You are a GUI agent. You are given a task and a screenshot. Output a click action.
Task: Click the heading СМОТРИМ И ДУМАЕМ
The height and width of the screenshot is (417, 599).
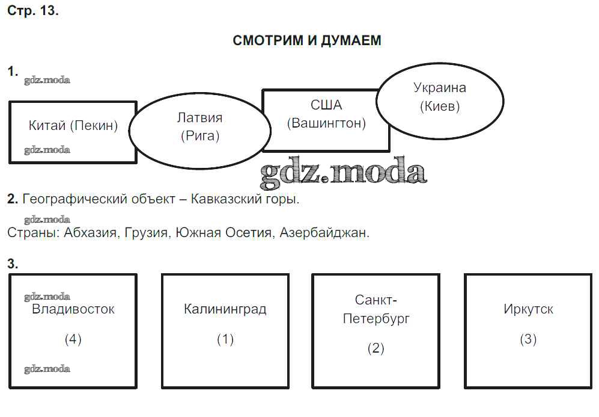click(x=306, y=41)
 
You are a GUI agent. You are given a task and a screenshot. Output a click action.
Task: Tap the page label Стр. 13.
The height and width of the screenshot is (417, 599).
click(x=33, y=11)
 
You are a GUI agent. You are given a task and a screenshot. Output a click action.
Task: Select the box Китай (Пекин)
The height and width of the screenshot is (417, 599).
click(x=73, y=126)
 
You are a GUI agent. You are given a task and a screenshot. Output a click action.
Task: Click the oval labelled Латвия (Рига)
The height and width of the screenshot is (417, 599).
click(x=200, y=127)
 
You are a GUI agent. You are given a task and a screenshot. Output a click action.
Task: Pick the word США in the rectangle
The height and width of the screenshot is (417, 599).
click(x=326, y=106)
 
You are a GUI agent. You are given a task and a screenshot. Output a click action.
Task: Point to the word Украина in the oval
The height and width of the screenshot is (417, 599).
click(x=440, y=88)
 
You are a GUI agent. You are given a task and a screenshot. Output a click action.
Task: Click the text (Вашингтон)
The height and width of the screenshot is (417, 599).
click(x=326, y=124)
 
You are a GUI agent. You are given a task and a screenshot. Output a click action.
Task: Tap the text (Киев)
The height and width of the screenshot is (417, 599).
click(x=440, y=107)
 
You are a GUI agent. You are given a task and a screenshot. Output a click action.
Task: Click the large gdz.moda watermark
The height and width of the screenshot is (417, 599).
click(x=343, y=172)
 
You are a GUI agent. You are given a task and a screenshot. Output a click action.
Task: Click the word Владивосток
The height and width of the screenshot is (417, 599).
click(x=73, y=310)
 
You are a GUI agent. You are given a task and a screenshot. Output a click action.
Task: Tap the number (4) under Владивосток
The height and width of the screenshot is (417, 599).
click(x=73, y=339)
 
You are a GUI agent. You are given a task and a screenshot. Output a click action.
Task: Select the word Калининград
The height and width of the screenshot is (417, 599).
click(x=225, y=310)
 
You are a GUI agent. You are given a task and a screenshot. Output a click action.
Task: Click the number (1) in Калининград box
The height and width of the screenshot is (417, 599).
click(x=225, y=339)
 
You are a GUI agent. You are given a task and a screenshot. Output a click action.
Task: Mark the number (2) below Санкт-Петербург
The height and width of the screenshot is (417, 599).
click(x=376, y=348)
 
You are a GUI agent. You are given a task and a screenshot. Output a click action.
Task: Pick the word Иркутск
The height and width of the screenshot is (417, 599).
click(x=528, y=310)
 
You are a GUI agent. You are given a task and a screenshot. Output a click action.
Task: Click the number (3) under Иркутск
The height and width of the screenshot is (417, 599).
click(x=528, y=339)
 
